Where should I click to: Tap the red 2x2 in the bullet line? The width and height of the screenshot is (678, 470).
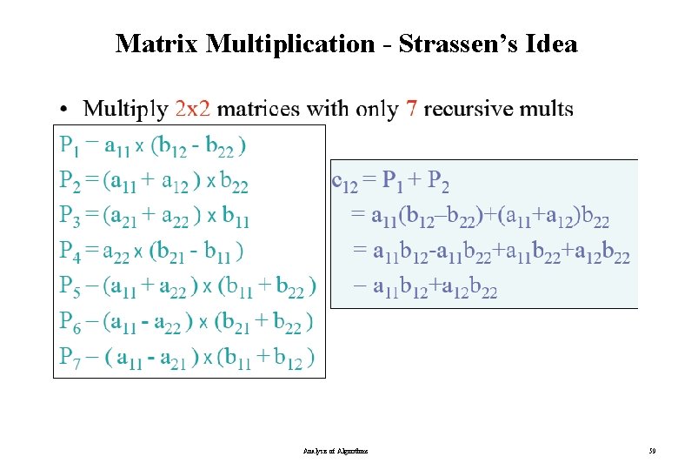click(192, 110)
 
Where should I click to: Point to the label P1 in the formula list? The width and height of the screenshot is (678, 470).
click(69, 145)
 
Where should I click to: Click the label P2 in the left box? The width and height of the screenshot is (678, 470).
click(70, 181)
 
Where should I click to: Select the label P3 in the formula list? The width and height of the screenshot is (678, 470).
click(70, 216)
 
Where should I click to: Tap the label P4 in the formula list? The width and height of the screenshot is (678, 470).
click(70, 252)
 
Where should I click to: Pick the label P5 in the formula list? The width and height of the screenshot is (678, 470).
click(70, 286)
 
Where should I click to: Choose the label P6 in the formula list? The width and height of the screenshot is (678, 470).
click(70, 322)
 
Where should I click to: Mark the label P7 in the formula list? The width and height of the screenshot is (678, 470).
click(70, 357)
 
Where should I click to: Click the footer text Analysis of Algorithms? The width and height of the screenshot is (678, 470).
click(336, 451)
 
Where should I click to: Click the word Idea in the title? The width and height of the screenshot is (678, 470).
click(551, 44)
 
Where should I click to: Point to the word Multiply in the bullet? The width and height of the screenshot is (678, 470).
click(125, 111)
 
